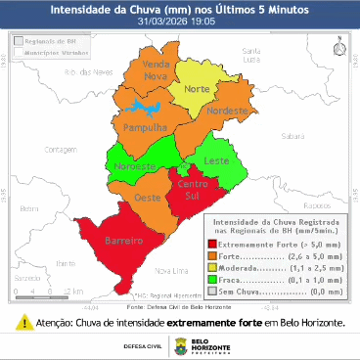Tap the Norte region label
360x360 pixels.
199,90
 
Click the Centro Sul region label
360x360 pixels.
191,192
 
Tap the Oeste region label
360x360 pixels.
147,199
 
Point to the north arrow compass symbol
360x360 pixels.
337,46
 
